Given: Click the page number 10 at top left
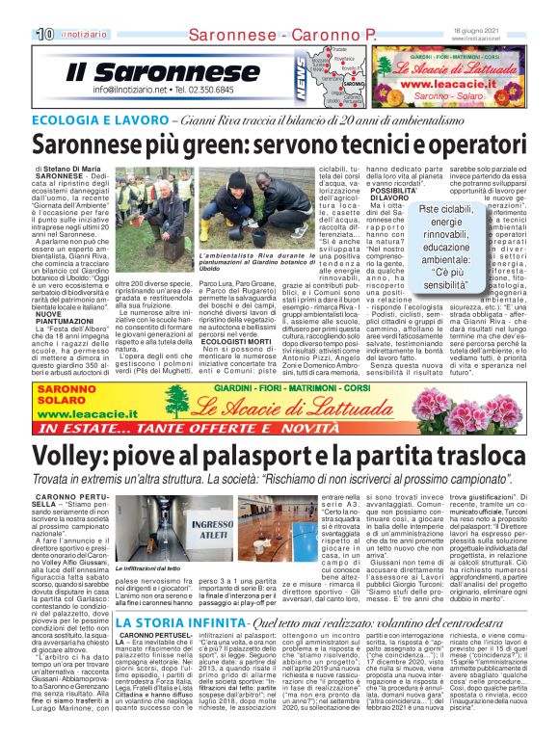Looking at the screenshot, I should coord(45,36).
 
